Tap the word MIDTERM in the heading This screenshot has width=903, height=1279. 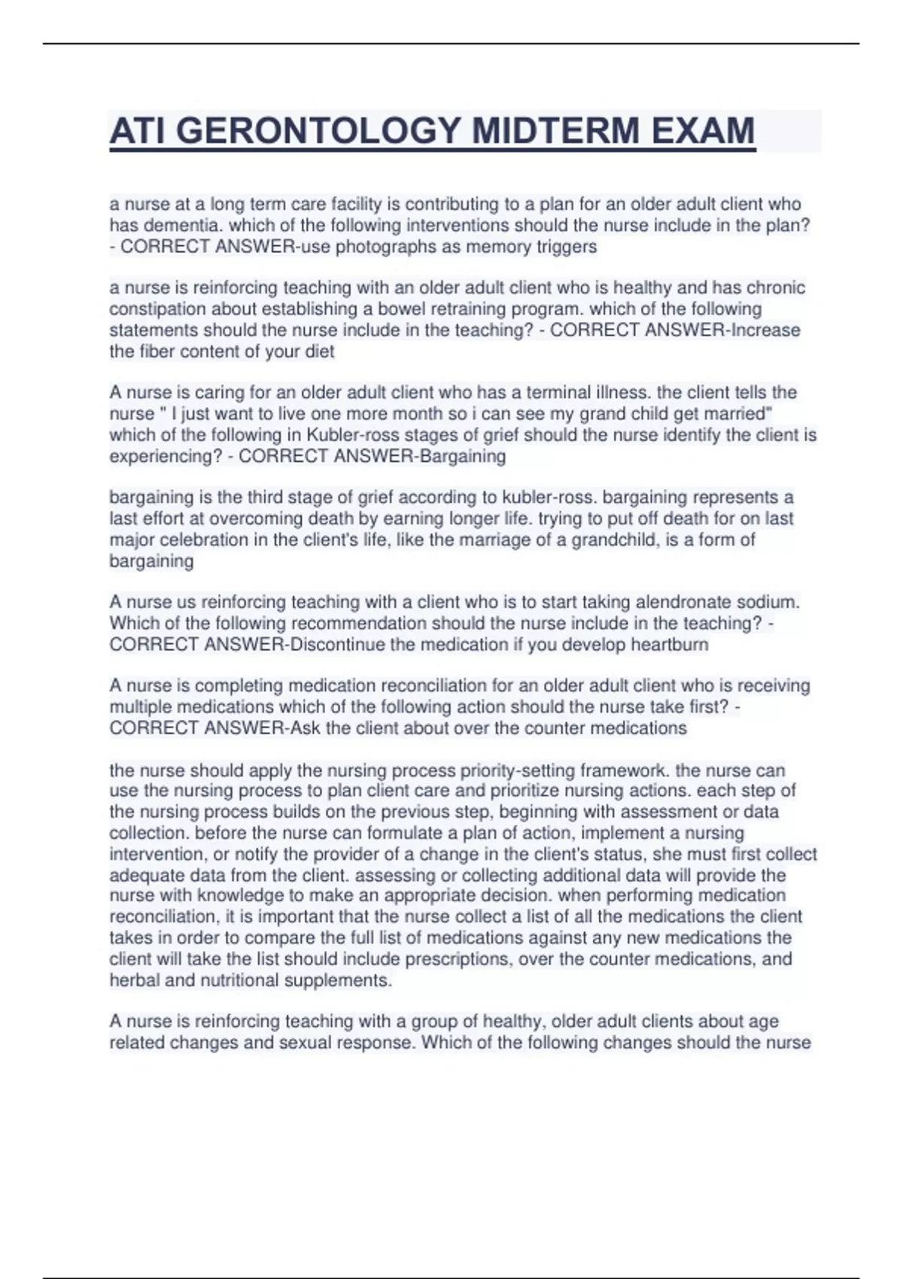555,131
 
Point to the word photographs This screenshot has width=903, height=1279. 385,247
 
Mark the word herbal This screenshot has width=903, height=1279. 132,980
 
